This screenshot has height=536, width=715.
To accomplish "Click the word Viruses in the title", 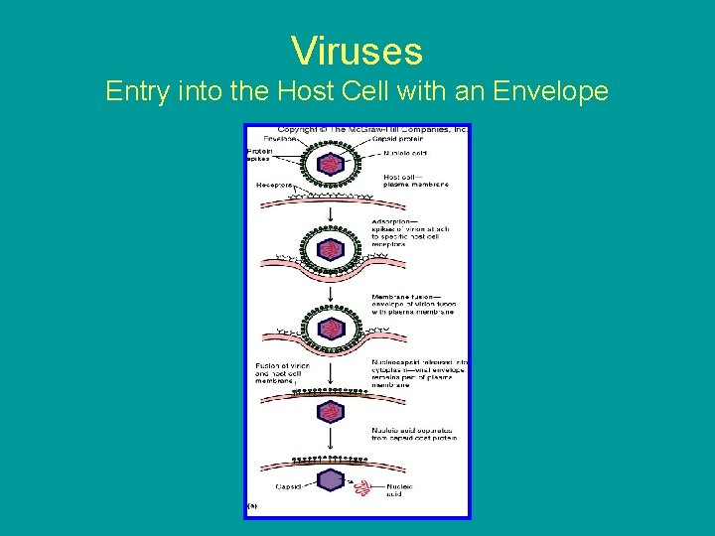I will pos(357,51).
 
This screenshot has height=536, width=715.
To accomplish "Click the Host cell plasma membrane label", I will pos(415,181).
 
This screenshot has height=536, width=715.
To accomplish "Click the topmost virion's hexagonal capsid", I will pos(330,164).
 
